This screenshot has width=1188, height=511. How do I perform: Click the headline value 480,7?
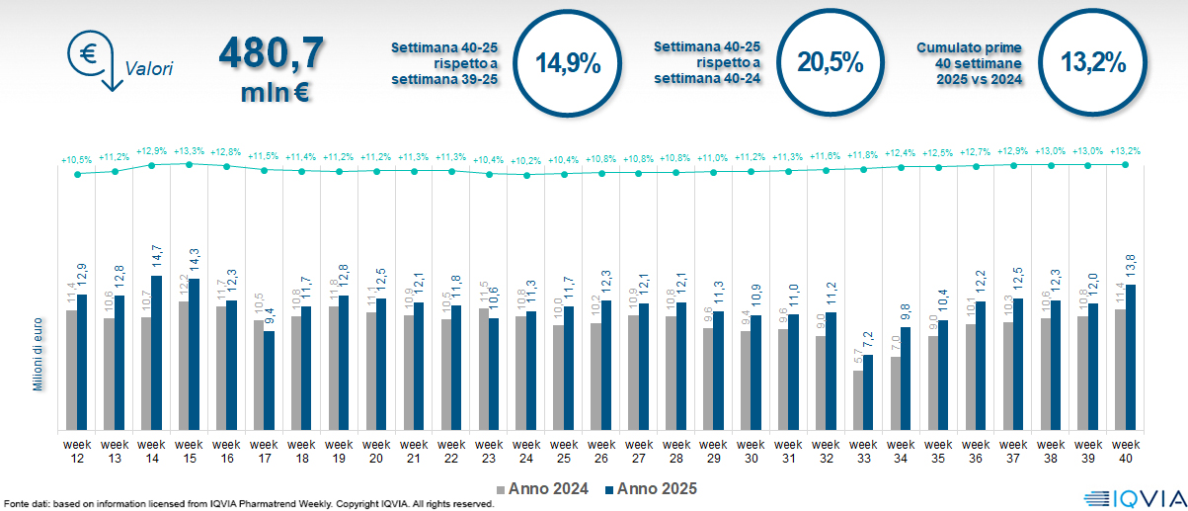point(271,53)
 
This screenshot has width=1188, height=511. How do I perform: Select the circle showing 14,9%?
point(568,62)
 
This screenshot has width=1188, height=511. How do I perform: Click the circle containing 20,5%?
point(831,62)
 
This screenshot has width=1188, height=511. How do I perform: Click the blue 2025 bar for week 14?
point(156,353)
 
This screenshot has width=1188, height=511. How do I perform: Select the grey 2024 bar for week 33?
point(858,400)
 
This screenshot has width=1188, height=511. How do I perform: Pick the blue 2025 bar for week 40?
point(1131,357)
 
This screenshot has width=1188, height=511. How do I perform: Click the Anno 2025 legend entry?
point(651,488)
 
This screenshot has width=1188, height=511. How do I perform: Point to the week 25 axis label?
point(564,451)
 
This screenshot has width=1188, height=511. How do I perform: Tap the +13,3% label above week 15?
point(190,151)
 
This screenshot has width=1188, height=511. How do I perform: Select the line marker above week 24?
point(526,175)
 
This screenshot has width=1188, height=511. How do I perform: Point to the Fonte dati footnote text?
point(247,504)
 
